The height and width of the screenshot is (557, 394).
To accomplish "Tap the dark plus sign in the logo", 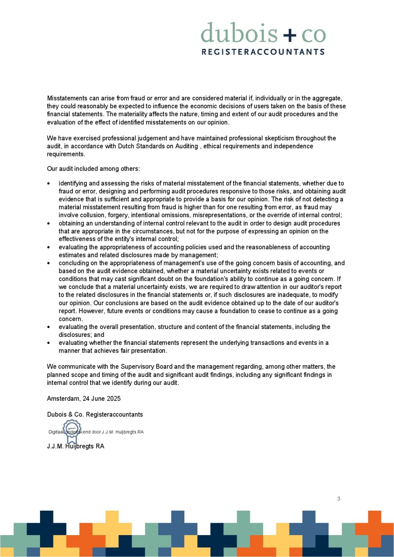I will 289,34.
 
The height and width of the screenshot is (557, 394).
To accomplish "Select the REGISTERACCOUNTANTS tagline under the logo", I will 263,52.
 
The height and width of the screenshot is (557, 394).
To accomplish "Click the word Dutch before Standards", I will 126,146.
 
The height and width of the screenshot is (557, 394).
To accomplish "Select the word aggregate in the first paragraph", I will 327,98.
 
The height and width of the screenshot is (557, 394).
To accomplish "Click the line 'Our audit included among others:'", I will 93,169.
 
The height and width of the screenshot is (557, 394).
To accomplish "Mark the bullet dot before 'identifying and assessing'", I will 49,183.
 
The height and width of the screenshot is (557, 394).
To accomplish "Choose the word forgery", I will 118,215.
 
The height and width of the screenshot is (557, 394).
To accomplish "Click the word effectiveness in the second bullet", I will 76,239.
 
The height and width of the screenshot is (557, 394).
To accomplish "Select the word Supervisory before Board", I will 138,367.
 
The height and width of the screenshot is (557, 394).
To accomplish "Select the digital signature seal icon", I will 72,430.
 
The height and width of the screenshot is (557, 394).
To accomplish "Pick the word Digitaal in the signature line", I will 56,432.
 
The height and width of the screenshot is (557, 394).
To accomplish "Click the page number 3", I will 339,499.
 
